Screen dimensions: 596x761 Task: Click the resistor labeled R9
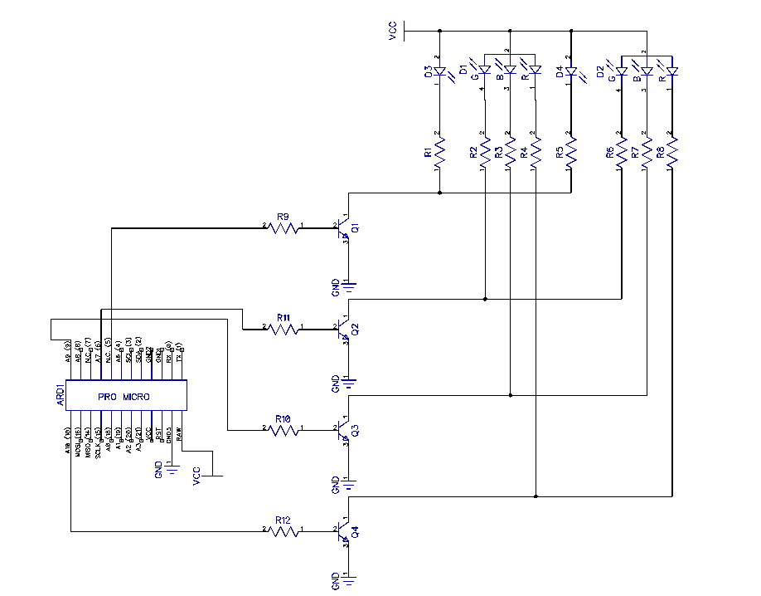pyautogui.click(x=284, y=227)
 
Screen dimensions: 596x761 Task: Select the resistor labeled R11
pyautogui.click(x=284, y=329)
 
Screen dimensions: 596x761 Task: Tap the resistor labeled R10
pyautogui.click(x=284, y=430)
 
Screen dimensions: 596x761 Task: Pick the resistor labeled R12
pyautogui.click(x=284, y=530)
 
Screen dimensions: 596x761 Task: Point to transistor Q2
pyautogui.click(x=343, y=330)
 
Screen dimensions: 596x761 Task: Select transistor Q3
pyautogui.click(x=343, y=431)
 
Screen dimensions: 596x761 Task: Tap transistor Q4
pyautogui.click(x=343, y=531)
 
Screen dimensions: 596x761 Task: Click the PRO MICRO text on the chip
pyautogui.click(x=124, y=398)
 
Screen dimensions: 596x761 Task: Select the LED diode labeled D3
pyautogui.click(x=439, y=72)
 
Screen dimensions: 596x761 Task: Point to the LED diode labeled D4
pyautogui.click(x=570, y=73)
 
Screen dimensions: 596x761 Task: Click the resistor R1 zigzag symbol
pyautogui.click(x=439, y=151)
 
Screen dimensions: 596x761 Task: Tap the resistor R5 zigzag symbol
pyautogui.click(x=570, y=151)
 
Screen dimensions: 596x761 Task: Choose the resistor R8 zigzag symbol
pyautogui.click(x=671, y=151)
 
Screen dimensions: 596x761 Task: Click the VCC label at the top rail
pyautogui.click(x=392, y=32)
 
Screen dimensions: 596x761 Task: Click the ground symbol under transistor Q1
pyautogui.click(x=350, y=286)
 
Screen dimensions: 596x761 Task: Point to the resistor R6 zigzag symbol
pyautogui.click(x=620, y=151)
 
